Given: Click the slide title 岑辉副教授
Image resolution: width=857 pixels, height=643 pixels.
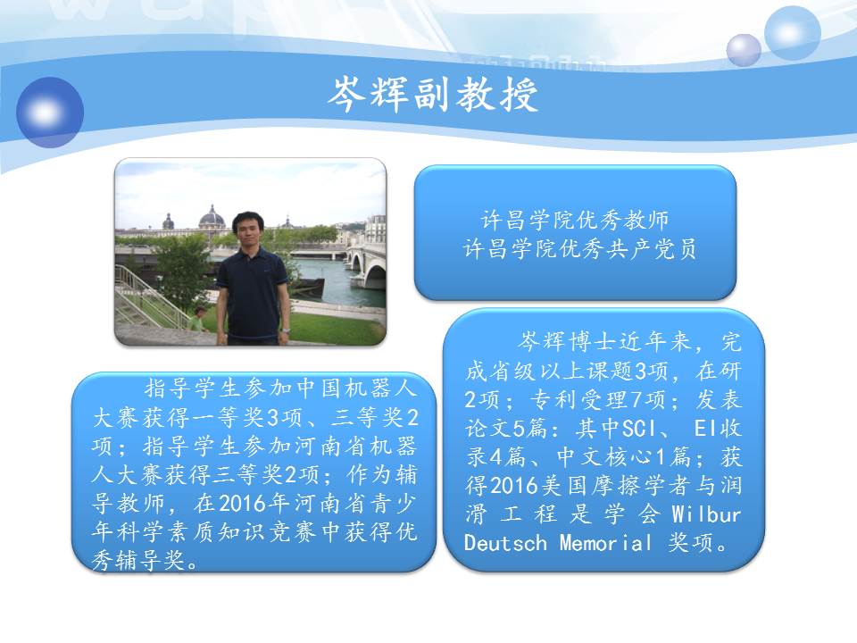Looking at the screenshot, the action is pos(433,94).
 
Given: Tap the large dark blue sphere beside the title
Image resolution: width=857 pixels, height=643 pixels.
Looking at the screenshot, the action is pos(50,113).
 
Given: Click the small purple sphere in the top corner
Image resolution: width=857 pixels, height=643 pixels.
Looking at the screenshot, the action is pos(744,50).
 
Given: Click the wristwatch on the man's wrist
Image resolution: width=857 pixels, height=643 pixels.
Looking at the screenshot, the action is pos(286,330).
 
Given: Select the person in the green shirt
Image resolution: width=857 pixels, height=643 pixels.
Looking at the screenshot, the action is pos(196,320).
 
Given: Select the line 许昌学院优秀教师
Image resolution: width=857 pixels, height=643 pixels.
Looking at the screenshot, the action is pos(575,221).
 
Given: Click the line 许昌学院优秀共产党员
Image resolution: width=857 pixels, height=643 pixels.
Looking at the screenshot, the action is pos(579,249).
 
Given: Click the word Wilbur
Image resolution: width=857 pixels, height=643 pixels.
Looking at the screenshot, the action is pos(706,514).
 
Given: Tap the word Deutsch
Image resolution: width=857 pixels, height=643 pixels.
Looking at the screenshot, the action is pos(505,543).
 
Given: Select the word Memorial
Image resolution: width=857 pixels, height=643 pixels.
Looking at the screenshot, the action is pos(605,543).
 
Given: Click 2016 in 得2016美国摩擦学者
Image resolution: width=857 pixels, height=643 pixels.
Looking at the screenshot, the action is pos(514,486).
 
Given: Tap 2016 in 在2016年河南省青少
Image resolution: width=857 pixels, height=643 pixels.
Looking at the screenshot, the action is pos(244,504).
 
